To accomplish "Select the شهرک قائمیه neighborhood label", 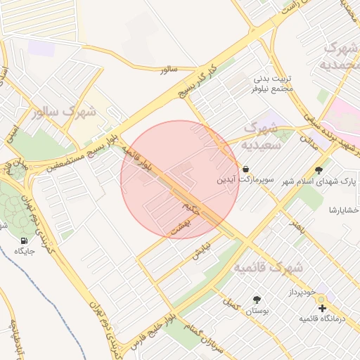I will pos(268,268).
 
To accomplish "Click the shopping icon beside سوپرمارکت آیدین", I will pos(245,169).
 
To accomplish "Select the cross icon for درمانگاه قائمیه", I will pos(322,308).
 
